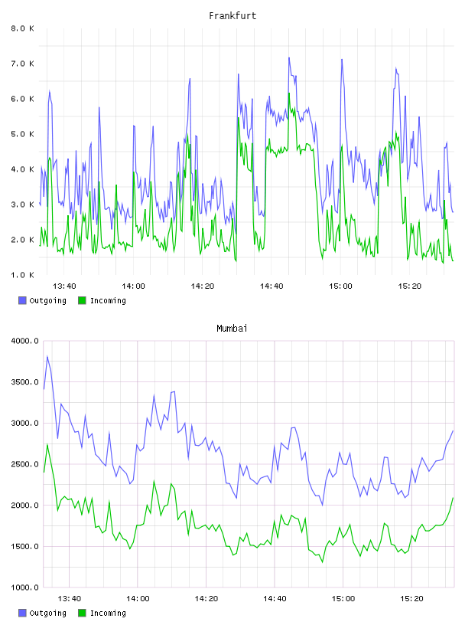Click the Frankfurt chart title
232,16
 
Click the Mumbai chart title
232,329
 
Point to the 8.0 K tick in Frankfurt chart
23,28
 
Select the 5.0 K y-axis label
23,134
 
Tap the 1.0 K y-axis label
23,275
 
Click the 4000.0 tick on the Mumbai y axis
25,341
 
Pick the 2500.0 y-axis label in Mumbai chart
25,464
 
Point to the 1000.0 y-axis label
25,587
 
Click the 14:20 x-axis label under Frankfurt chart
202,286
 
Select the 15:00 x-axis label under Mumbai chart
343,599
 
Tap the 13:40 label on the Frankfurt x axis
64,286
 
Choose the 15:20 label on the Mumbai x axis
411,599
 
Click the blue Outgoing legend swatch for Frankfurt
22,300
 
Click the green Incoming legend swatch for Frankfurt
82,300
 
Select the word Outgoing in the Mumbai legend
47,613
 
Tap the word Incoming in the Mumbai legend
108,613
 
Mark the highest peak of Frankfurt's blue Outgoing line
289,57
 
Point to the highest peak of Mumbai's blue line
47,356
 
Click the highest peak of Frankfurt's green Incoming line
289,93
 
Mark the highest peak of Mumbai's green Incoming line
47,444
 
